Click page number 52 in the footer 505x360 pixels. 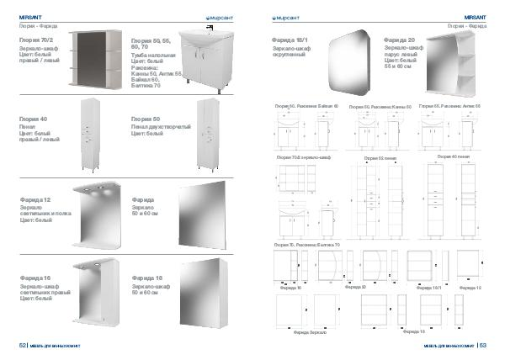point(23,345)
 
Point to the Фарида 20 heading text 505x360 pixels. point(398,40)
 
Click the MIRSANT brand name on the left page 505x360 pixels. point(30,16)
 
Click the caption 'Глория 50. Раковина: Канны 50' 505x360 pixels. point(380,131)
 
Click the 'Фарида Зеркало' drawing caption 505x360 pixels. point(311,334)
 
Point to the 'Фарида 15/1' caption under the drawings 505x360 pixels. point(429,287)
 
